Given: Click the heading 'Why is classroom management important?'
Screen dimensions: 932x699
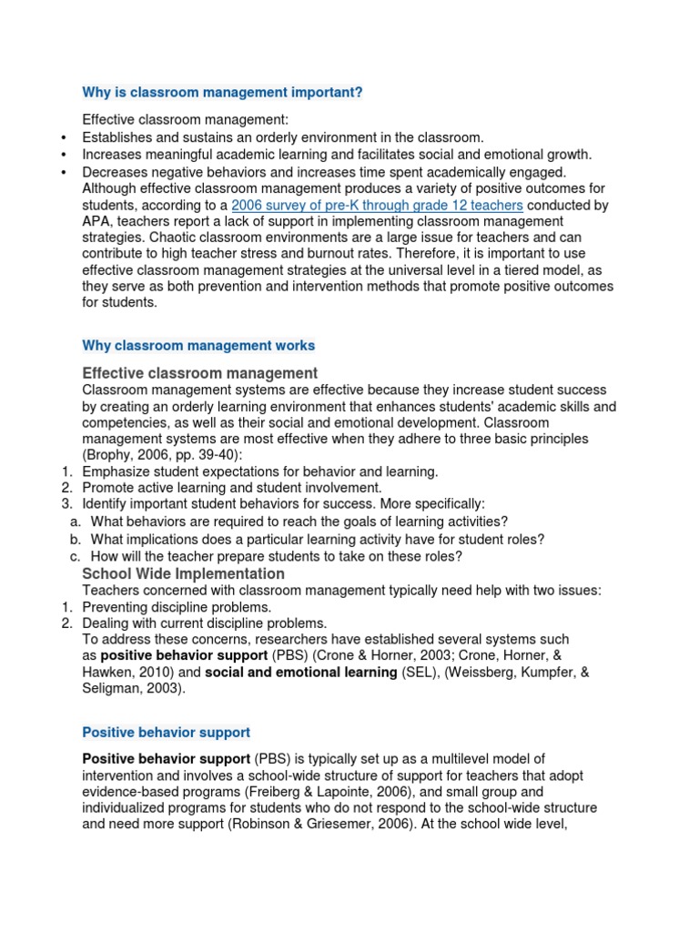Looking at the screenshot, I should (x=222, y=92).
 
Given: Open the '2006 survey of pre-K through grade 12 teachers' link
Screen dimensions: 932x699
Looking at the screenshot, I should (x=377, y=206).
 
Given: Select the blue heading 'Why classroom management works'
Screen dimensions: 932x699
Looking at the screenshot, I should (x=198, y=346).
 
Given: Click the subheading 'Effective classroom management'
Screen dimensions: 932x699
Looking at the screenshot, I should (x=199, y=373).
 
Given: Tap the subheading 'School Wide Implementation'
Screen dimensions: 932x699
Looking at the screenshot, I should (x=183, y=574).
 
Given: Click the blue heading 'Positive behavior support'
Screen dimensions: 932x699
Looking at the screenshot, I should (x=166, y=733).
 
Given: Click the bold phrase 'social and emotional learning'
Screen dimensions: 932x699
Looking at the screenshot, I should (x=300, y=673).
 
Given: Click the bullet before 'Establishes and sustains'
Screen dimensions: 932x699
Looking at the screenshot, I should (x=63, y=137).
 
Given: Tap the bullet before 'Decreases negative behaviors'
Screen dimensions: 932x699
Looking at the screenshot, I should (x=63, y=172).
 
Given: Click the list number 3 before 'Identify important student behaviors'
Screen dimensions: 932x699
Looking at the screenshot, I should (x=66, y=504).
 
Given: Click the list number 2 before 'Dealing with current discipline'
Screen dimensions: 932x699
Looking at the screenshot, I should (x=66, y=623).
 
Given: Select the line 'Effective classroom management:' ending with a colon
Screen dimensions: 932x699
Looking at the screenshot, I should (x=185, y=119).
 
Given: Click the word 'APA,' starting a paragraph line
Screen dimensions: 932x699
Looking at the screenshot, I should (x=99, y=222).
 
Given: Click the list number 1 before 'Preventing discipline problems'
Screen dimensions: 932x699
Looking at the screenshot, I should (x=66, y=607).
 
